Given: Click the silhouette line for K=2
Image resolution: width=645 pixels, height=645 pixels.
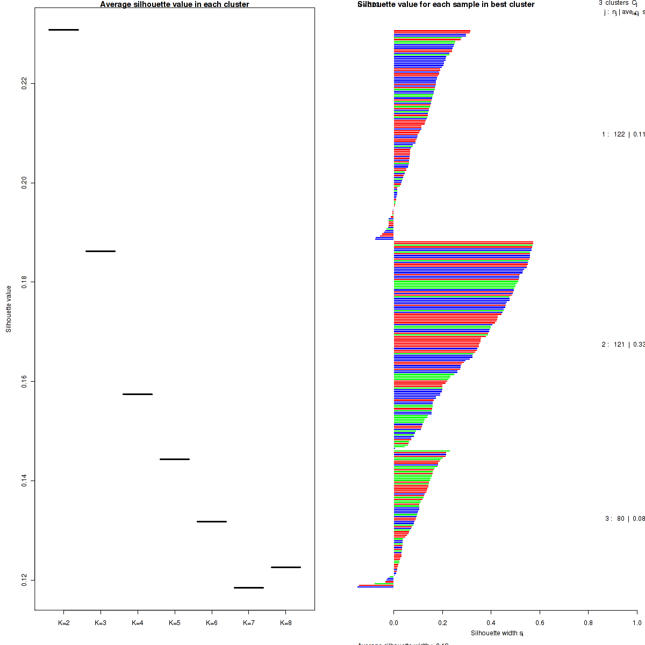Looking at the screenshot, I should coord(63,30).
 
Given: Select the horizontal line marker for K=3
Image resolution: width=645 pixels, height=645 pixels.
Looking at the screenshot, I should coord(101,251).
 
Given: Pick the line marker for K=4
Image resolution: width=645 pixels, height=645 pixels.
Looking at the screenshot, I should coord(138,394).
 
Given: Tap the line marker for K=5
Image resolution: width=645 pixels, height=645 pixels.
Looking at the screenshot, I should coord(175,459).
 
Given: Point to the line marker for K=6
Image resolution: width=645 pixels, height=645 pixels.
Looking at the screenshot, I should coord(212,521).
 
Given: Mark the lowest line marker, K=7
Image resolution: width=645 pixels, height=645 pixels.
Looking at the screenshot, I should coord(249,587).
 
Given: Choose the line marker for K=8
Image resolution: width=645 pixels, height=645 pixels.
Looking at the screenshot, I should coord(286,567).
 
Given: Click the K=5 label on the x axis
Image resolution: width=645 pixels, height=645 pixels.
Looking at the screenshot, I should coord(175,623).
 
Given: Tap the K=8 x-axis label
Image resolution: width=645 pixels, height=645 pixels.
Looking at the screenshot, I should coord(286,623).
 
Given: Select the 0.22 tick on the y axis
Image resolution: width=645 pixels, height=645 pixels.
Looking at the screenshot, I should coord(24,83).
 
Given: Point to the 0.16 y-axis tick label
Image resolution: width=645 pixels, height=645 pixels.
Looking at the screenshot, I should coord(24,381).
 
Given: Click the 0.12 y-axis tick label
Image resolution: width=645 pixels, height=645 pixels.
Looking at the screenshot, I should coord(24,580).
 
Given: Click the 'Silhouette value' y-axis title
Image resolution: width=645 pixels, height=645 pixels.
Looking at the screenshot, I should coord(9,309).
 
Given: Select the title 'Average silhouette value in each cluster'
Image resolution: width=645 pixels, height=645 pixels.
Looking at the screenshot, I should coord(175,4).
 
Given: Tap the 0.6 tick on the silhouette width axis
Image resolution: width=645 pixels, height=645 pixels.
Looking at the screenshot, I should coord(540,623).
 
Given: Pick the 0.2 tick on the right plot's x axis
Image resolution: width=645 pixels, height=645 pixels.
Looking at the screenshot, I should coord(442,623).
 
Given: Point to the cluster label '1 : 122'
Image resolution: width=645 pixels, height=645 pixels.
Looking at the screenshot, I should coord(613,134).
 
